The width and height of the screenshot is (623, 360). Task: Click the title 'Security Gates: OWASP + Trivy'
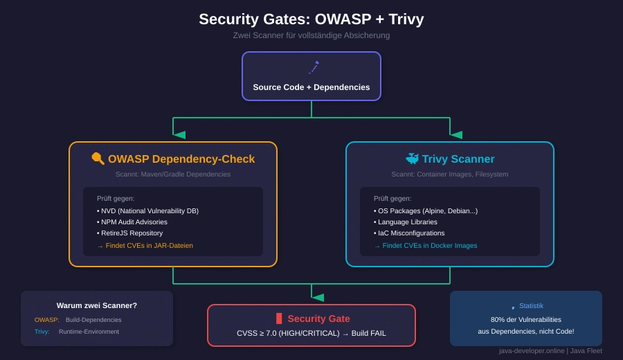click(311, 19)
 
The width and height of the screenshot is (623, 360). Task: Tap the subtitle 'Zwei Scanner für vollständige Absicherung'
click(311, 35)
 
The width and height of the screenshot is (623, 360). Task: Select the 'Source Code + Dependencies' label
click(311, 87)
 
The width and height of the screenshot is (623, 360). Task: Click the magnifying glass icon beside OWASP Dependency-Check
click(98, 159)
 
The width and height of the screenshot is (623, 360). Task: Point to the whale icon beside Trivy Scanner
click(412, 159)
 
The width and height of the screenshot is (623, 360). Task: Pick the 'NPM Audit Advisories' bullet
click(134, 222)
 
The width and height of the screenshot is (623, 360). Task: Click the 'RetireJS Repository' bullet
click(132, 233)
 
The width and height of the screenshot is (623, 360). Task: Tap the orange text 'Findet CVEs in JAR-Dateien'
click(149, 246)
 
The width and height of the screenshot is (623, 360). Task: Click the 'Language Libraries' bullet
click(407, 222)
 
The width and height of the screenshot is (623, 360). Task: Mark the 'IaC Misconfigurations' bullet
click(411, 233)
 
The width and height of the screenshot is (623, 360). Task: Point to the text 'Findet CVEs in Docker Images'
click(429, 246)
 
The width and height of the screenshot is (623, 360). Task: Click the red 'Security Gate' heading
click(318, 318)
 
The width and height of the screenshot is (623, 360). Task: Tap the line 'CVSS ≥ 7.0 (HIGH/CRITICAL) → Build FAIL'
click(311, 333)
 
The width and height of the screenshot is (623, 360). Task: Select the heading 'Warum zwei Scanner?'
click(97, 305)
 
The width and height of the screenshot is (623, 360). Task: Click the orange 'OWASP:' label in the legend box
click(47, 320)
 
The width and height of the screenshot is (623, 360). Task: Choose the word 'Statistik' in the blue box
click(531, 306)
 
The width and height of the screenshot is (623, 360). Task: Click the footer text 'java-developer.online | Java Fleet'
click(550, 350)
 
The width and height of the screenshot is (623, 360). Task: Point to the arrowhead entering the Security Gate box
click(318, 298)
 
